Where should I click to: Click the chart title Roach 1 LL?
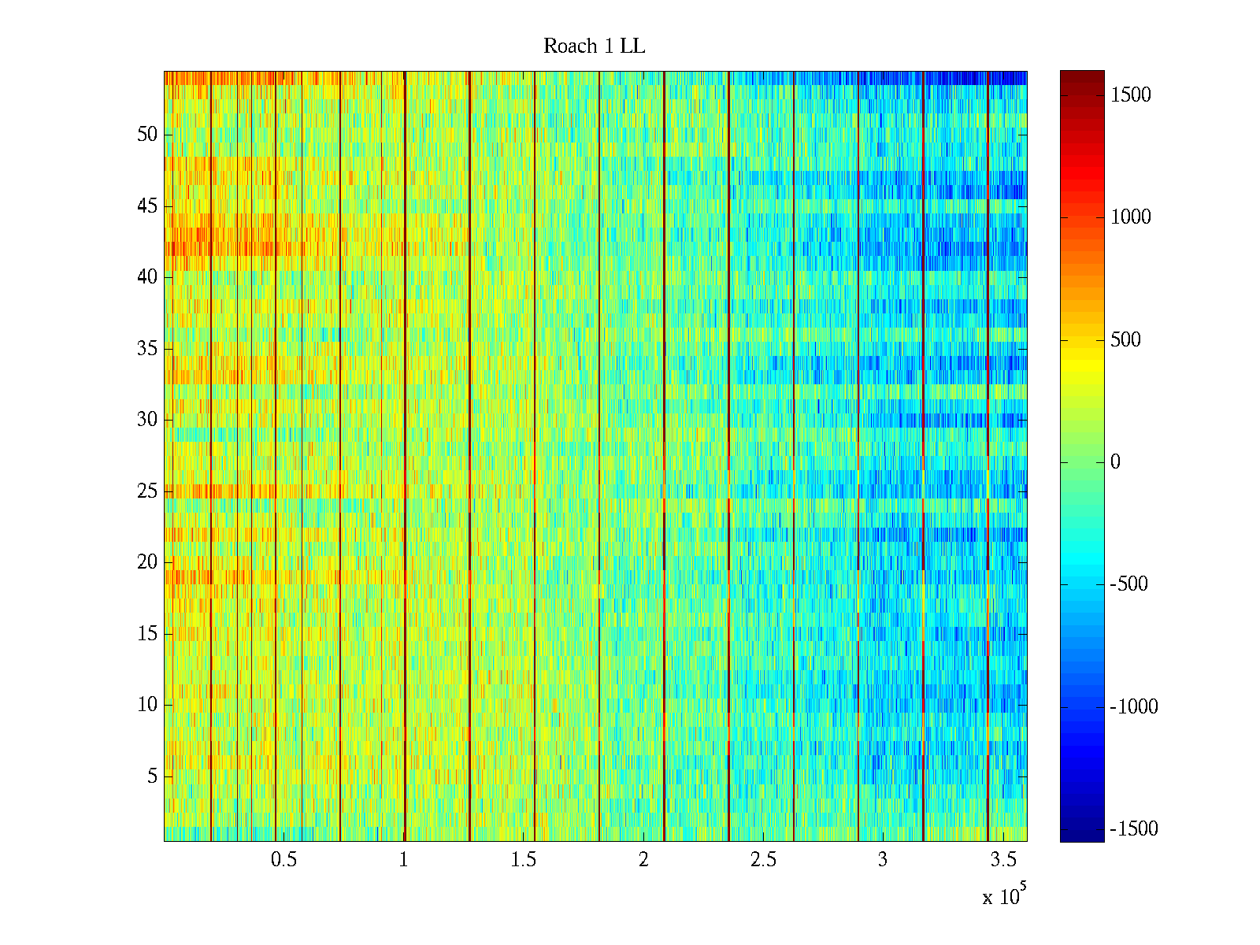(594, 46)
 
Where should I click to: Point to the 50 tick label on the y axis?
(147, 135)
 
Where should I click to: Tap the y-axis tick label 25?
(147, 491)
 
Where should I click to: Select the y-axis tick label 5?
(152, 776)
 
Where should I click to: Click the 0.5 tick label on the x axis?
(283, 860)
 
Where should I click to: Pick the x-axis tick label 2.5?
(763, 860)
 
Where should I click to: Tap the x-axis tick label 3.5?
(1002, 860)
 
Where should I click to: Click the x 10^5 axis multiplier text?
(1003, 896)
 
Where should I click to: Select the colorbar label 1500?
(1130, 95)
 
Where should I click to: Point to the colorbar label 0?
(1115, 462)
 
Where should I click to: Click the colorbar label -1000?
(1134, 707)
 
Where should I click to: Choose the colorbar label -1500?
(1134, 829)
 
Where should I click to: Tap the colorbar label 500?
(1126, 340)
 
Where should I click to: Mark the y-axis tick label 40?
(147, 277)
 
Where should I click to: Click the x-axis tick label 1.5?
(524, 860)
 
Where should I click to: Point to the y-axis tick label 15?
(147, 634)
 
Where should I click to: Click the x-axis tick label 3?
(883, 860)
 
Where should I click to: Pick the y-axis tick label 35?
(147, 349)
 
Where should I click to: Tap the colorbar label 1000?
(1130, 217)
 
